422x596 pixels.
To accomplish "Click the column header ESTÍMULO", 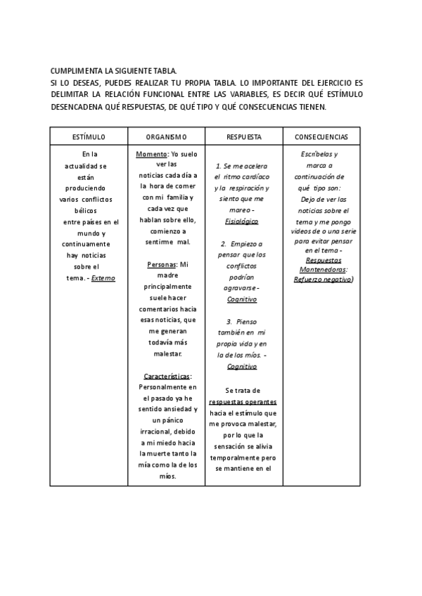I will pos(89,136).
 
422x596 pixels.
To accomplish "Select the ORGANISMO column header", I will pos(166,136).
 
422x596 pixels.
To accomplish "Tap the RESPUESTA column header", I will pos(244,136).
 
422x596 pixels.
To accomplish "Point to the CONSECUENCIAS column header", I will pos(321,136).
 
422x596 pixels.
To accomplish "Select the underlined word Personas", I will pos(162,265).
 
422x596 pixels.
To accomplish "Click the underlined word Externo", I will pos(103,278).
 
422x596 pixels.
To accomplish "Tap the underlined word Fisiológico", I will pos(242,221).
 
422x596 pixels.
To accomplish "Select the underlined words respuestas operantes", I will pos(241,402).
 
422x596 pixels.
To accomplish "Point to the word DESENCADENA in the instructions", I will pos(81,108).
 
